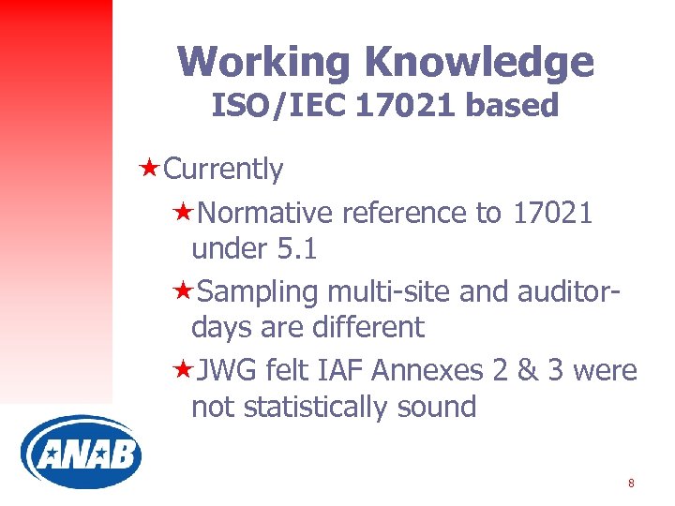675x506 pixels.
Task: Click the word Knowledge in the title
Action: coord(480,62)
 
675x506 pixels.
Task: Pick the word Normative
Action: coord(265,214)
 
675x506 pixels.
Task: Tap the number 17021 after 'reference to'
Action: coord(552,214)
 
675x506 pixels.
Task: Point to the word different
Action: coord(368,328)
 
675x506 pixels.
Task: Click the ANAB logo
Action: coord(81,454)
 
